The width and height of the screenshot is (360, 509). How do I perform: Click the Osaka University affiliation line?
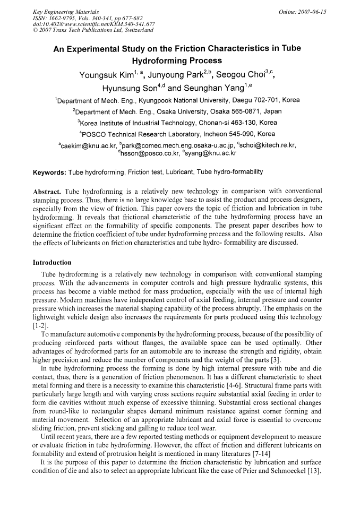click(x=177, y=111)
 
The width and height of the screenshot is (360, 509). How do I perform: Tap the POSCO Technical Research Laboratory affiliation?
click(x=178, y=134)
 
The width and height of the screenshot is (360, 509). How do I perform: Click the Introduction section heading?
click(x=52, y=262)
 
